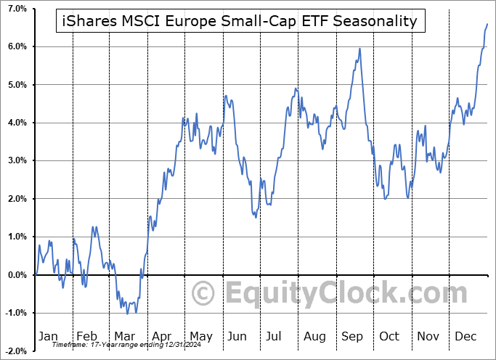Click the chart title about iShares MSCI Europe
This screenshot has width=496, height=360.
tap(240, 21)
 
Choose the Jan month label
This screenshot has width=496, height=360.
tap(49, 336)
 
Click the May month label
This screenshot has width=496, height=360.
tap(200, 336)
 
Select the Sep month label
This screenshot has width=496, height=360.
tap(352, 336)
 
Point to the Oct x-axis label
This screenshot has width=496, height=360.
tap(391, 336)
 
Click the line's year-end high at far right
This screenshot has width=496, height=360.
tap(487, 24)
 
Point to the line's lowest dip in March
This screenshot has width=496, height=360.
tap(128, 314)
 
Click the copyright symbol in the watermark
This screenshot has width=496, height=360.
tap(203, 294)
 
